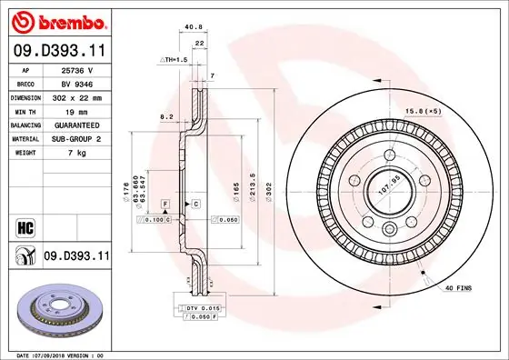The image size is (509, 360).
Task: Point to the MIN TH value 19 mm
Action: tap(72, 110)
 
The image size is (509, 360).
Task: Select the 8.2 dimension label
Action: tap(166, 116)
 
